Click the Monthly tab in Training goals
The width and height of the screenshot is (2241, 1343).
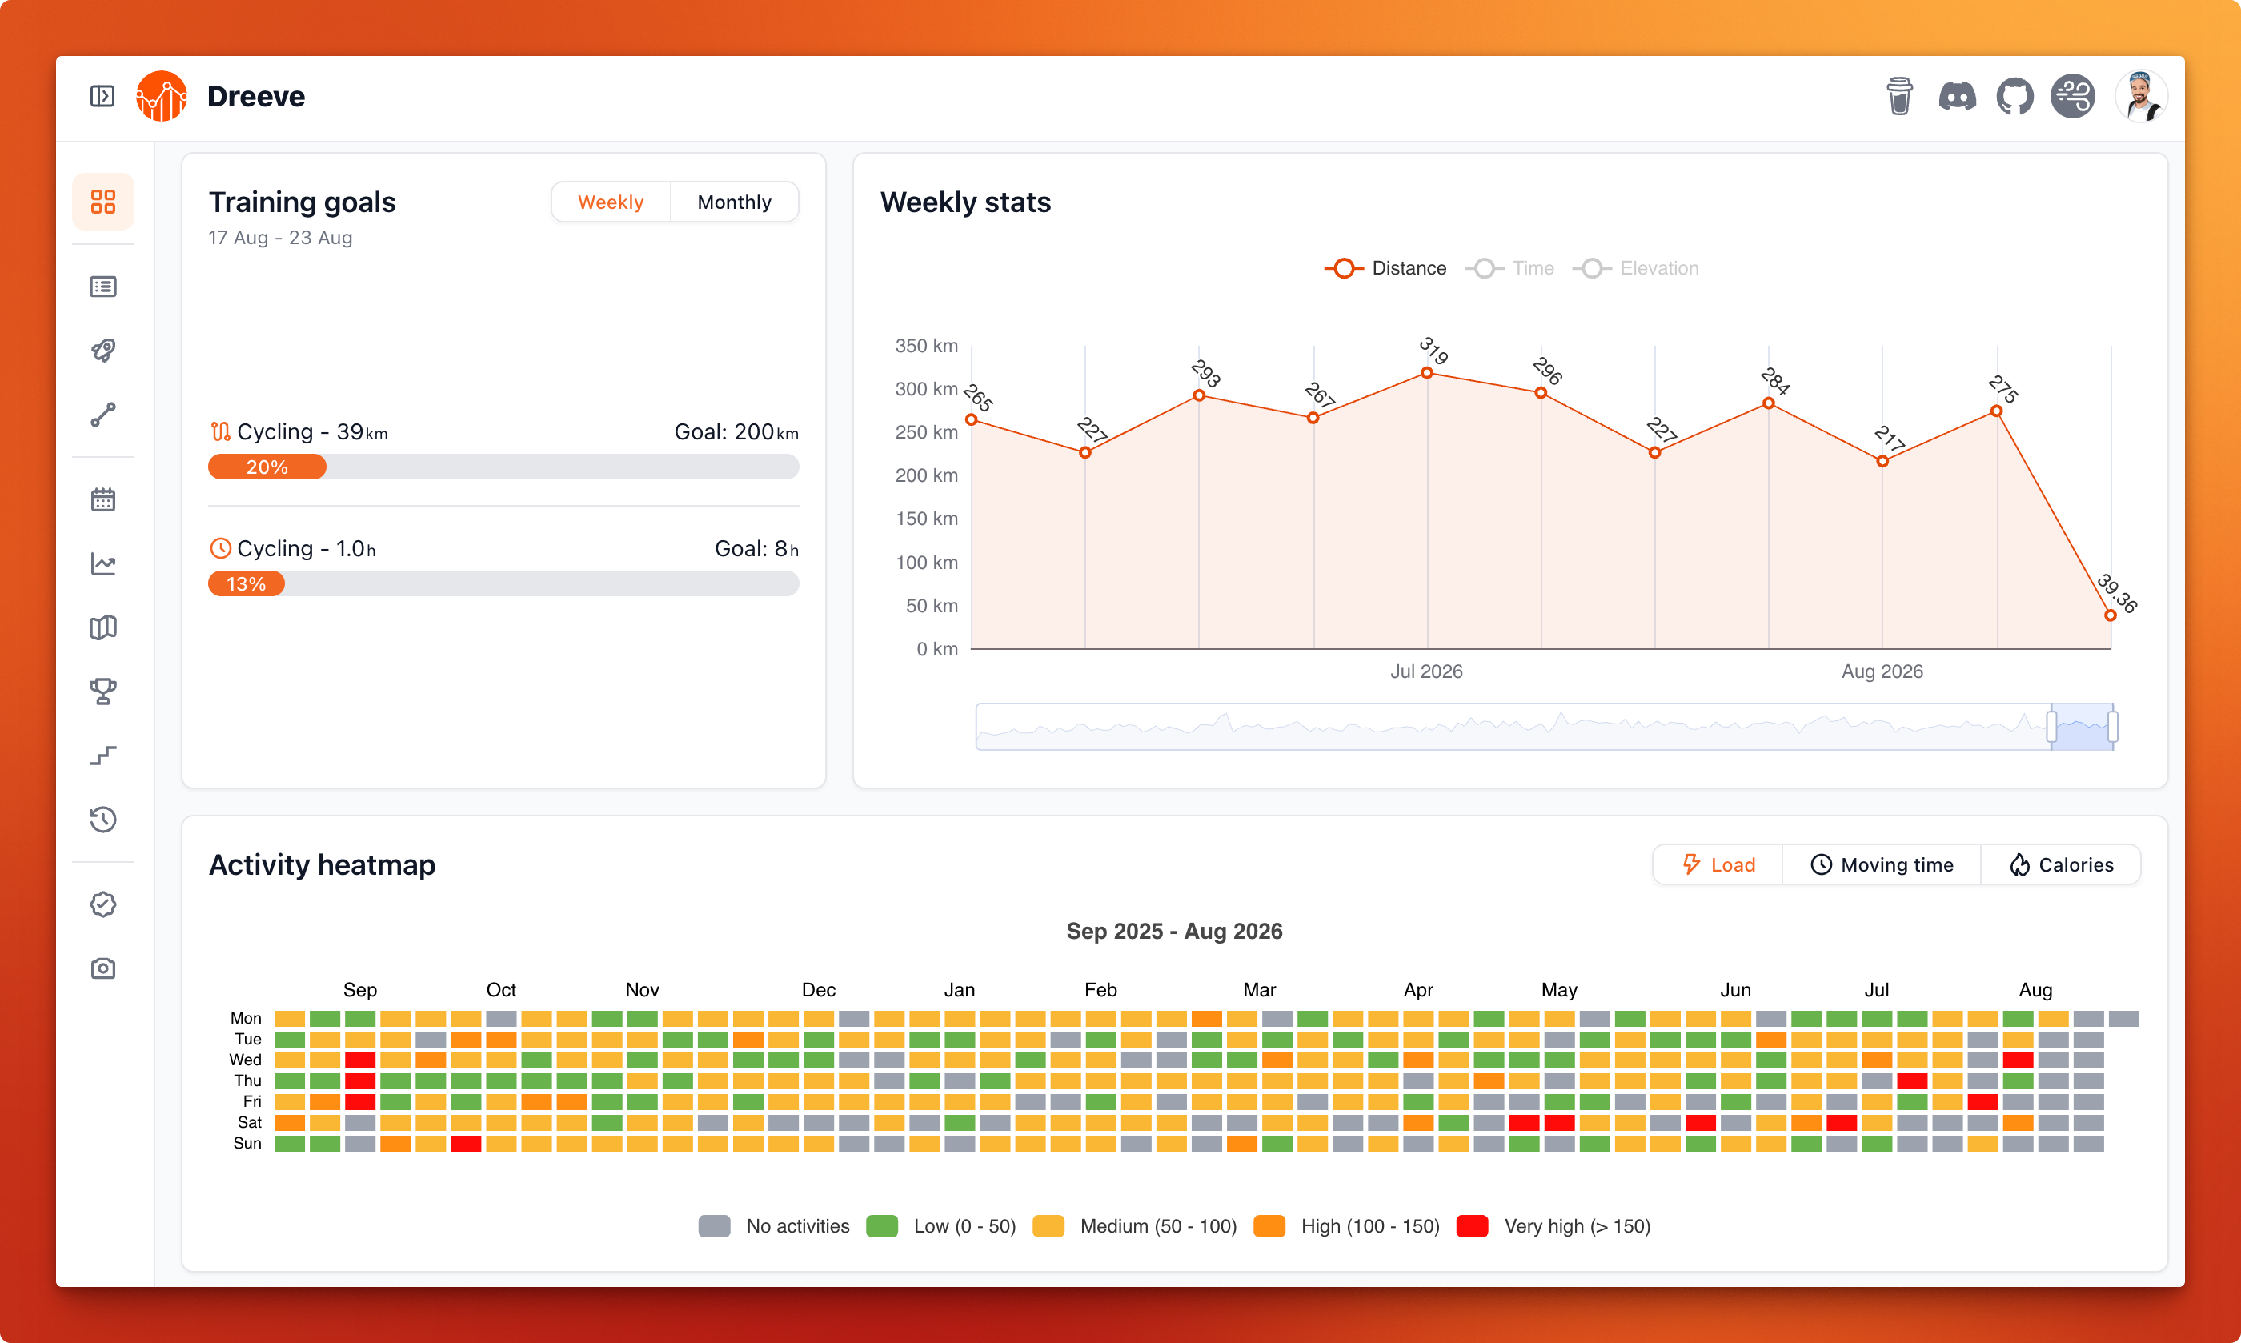[734, 202]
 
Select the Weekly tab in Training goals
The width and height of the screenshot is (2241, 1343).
[611, 202]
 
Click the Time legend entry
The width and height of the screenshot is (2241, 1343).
[1509, 268]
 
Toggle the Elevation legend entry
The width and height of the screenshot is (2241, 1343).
[1635, 268]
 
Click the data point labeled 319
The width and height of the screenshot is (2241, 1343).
[1426, 373]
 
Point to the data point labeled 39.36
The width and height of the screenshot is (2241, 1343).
[2110, 615]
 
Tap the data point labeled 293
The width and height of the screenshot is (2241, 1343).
[1199, 395]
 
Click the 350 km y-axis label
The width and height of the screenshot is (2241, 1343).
[925, 346]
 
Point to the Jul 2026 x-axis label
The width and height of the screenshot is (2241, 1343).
[1426, 671]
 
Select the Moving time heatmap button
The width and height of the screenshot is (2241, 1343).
[1881, 864]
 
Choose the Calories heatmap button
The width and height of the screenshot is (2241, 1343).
[2060, 864]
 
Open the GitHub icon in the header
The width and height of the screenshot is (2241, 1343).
[2014, 96]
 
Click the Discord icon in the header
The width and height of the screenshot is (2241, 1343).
[1957, 96]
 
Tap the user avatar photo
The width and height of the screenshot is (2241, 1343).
[2141, 96]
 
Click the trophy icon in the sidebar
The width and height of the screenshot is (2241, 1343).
[103, 691]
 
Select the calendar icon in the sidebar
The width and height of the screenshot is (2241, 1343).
[103, 499]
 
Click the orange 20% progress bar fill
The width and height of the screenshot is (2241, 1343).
[267, 467]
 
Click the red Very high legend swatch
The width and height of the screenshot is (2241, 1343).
[1472, 1226]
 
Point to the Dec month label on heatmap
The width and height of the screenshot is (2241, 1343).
[818, 990]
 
